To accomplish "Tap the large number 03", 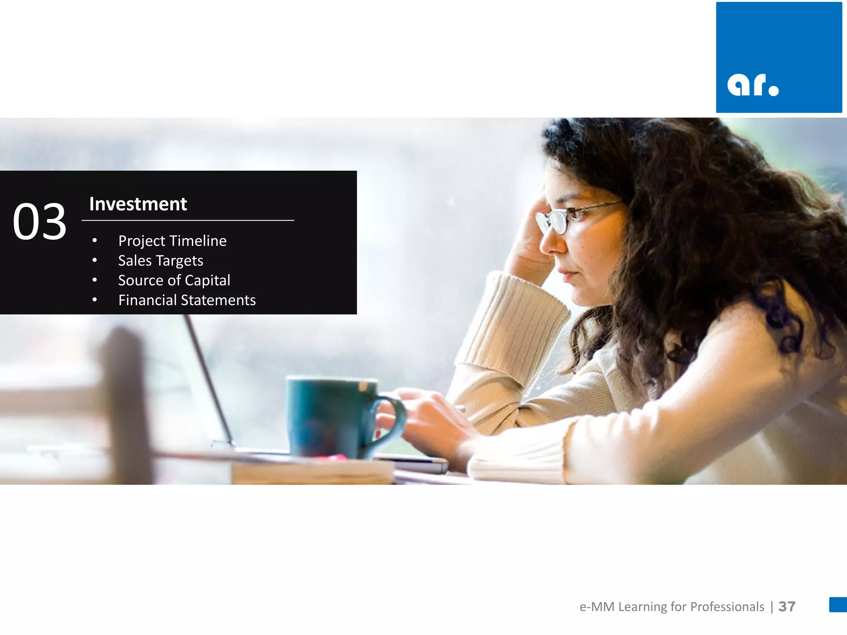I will point(40,222).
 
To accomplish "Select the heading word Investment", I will point(138,204).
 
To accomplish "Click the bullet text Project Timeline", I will point(172,241).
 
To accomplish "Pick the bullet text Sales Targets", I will point(160,261).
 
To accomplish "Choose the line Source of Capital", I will point(174,281).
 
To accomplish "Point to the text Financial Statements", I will point(187,300).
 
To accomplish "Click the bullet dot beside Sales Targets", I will point(95,260).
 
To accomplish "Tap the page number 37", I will point(787,606).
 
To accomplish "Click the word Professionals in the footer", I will point(727,606).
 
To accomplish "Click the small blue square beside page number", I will point(838,604).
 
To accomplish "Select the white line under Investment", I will point(188,221).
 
